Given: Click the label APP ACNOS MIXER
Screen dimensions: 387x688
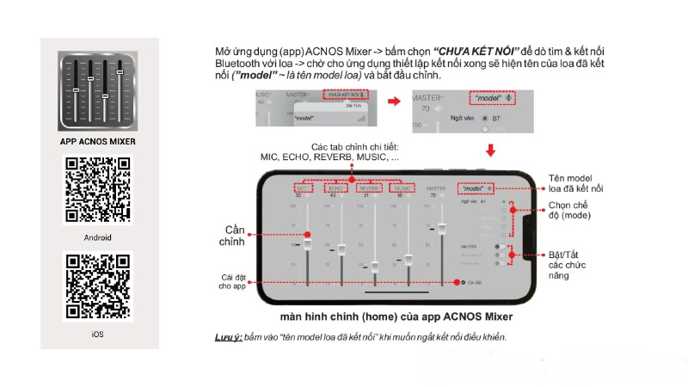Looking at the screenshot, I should (97, 141).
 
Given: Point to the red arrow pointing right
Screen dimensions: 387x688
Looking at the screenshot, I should (394, 101).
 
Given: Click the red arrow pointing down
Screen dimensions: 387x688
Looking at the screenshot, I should (492, 151).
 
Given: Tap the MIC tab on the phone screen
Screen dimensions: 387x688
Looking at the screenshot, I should (302, 187).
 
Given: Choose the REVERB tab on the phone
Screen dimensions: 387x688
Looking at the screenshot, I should (368, 187).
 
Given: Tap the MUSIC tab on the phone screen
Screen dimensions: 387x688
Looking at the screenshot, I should (401, 187).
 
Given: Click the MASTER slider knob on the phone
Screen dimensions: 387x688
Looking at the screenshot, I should (443, 228).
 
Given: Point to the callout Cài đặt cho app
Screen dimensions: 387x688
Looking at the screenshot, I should (234, 281).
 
